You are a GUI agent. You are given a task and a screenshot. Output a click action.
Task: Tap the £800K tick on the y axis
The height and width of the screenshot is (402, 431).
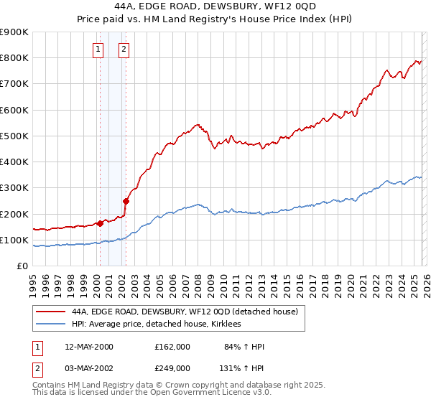(14, 58)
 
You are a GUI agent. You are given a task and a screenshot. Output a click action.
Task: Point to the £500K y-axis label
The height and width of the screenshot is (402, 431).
(14, 136)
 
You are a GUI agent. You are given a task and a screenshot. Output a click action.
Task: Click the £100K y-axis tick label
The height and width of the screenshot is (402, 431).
(14, 240)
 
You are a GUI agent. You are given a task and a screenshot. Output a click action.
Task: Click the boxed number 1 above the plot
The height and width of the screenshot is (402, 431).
(98, 50)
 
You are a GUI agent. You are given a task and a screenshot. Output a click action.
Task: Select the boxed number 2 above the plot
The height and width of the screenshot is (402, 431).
(124, 50)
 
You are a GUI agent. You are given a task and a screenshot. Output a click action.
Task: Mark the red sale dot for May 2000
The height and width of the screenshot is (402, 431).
(101, 223)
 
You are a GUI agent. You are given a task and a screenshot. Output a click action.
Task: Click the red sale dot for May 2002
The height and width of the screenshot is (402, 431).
(126, 201)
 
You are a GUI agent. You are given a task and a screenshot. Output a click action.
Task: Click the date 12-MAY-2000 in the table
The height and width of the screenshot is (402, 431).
(88, 347)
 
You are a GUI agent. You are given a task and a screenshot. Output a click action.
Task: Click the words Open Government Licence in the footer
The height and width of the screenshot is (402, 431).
(223, 394)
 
